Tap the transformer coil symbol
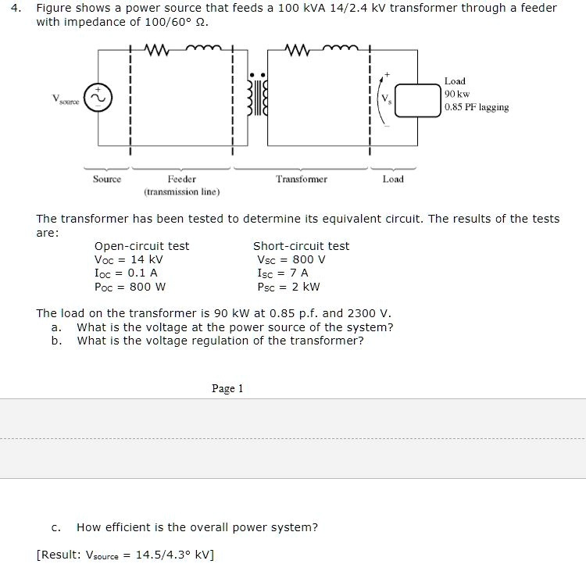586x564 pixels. (x=253, y=98)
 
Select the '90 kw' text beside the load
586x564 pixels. (x=457, y=94)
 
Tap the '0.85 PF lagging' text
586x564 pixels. (x=477, y=107)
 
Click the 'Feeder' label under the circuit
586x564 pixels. (x=181, y=179)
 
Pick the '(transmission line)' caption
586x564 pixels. (x=181, y=191)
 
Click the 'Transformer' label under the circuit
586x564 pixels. (x=302, y=179)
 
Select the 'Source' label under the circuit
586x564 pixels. (x=107, y=179)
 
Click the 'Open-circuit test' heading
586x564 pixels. (x=141, y=246)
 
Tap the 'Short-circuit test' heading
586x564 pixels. (x=301, y=246)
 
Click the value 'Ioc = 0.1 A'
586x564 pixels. (x=126, y=273)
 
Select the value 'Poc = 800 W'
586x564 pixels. (x=130, y=286)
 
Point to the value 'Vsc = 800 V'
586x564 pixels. (x=291, y=259)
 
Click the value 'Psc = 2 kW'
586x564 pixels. (x=288, y=286)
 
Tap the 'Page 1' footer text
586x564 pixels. (x=227, y=388)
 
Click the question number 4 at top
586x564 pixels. (x=20, y=8)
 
